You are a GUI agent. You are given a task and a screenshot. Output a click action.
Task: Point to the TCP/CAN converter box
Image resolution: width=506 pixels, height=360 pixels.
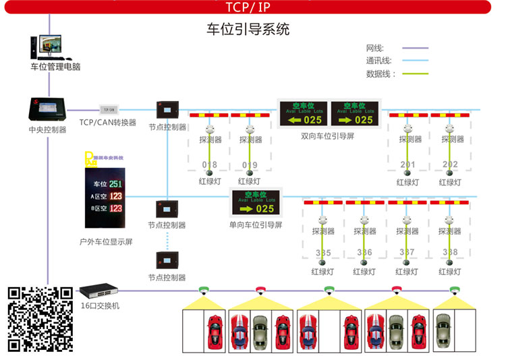pyautogui.click(x=108, y=109)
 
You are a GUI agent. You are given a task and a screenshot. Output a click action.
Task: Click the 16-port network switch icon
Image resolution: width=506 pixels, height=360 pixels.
pyautogui.click(x=99, y=292)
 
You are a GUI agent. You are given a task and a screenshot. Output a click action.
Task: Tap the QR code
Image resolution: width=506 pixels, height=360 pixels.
pyautogui.click(x=40, y=319)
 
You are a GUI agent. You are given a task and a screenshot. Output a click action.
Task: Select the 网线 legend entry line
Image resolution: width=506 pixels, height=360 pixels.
pyautogui.click(x=416, y=49)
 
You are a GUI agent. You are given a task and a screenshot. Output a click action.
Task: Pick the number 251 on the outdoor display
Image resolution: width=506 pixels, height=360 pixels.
pyautogui.click(x=115, y=184)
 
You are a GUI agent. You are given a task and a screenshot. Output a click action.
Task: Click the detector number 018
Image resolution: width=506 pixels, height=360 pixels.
pyautogui.click(x=210, y=164)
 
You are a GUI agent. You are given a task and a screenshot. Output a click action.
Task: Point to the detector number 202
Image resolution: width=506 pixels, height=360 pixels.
pyautogui.click(x=450, y=164)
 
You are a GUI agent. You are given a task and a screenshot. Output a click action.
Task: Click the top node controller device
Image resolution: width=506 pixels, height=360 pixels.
pyautogui.click(x=166, y=110)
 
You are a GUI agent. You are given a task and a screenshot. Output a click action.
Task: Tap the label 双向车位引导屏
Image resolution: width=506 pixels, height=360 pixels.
pyautogui.click(x=327, y=136)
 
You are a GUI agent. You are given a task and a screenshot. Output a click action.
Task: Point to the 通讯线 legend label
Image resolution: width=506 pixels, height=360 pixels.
pyautogui.click(x=378, y=61)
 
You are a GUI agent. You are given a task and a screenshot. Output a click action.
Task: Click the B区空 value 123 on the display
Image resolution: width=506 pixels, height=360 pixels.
pyautogui.click(x=115, y=208)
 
